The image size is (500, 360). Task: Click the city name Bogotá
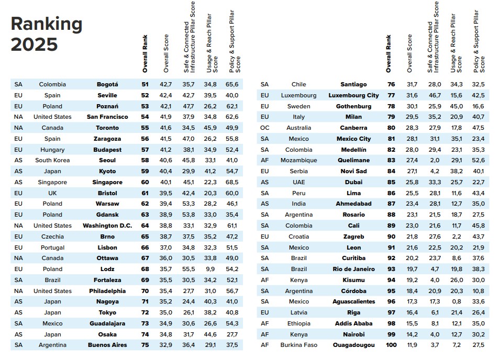pyautogui.click(x=107, y=84)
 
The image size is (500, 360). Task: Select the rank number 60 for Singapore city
pyautogui.click(x=145, y=182)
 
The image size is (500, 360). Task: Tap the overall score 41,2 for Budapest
pyautogui.click(x=165, y=150)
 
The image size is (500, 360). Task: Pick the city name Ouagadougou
pyautogui.click(x=354, y=345)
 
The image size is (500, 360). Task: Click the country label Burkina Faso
pyautogui.click(x=299, y=345)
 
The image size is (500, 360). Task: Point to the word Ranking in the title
pyautogui.click(x=47, y=24)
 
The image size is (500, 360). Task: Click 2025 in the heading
pyautogui.click(x=34, y=44)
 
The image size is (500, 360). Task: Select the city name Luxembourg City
pyautogui.click(x=353, y=95)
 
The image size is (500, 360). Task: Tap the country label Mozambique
pyautogui.click(x=299, y=160)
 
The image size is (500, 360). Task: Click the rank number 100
pyautogui.click(x=391, y=345)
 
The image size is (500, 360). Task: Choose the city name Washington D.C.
pyautogui.click(x=107, y=226)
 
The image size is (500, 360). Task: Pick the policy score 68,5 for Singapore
pyautogui.click(x=231, y=182)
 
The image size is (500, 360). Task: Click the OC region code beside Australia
pyautogui.click(x=264, y=128)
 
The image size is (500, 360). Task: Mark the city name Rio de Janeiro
pyautogui.click(x=354, y=269)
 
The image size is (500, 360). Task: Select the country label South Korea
pyautogui.click(x=52, y=160)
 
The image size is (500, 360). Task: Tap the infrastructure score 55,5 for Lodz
pyautogui.click(x=187, y=269)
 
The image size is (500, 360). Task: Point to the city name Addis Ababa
pyautogui.click(x=354, y=323)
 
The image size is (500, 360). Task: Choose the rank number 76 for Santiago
pyautogui.click(x=391, y=84)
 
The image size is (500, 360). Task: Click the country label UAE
pyautogui.click(x=299, y=182)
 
